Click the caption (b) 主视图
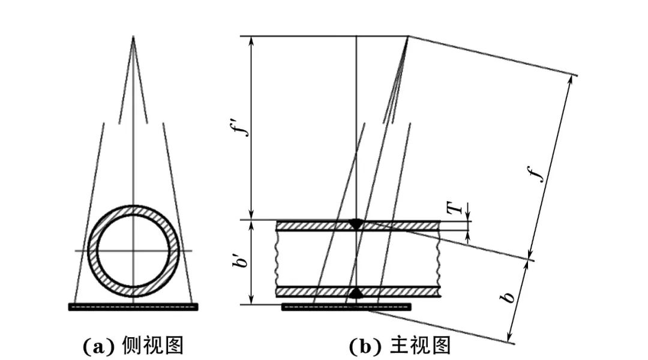tap(400, 346)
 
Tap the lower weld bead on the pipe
tap(356, 293)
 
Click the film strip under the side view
tap(133, 307)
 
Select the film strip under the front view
tap(346, 307)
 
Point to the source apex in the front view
tap(408, 37)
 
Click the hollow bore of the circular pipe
tap(133, 250)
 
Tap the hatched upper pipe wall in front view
tap(312, 226)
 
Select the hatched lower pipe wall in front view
tap(312, 292)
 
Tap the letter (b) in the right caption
tap(362, 346)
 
